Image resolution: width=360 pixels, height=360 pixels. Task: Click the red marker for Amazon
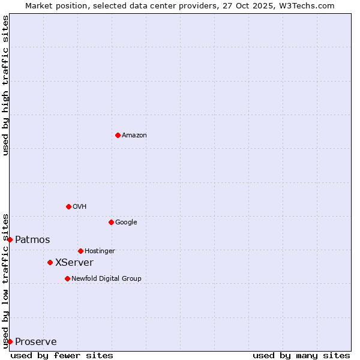click(118, 135)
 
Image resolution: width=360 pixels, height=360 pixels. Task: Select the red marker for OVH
click(68, 206)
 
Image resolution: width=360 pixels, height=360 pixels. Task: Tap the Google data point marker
click(111, 222)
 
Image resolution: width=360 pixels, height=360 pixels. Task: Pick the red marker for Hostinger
click(80, 251)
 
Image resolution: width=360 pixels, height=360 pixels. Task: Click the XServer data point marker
click(50, 262)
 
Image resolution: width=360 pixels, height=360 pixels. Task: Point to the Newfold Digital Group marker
click(67, 278)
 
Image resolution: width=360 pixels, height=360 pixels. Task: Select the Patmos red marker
click(10, 239)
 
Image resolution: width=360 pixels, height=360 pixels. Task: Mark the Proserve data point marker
click(10, 341)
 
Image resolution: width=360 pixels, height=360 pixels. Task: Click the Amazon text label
click(134, 136)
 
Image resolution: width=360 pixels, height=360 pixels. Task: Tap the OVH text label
click(80, 207)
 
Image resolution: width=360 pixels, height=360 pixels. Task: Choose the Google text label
click(126, 223)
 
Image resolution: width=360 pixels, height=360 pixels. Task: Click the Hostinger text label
click(100, 251)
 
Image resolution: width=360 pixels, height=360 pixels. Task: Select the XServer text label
click(74, 263)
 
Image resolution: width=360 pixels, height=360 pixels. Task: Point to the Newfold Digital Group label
click(106, 279)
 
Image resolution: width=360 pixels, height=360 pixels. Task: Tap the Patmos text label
click(32, 240)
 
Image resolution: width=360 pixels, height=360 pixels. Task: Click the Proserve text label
click(36, 342)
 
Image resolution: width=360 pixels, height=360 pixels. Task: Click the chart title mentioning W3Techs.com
click(180, 5)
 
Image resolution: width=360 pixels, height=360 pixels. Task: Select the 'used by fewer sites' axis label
click(62, 355)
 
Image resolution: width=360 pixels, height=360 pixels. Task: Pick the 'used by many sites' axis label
click(301, 355)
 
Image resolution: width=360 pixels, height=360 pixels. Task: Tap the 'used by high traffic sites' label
click(5, 85)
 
